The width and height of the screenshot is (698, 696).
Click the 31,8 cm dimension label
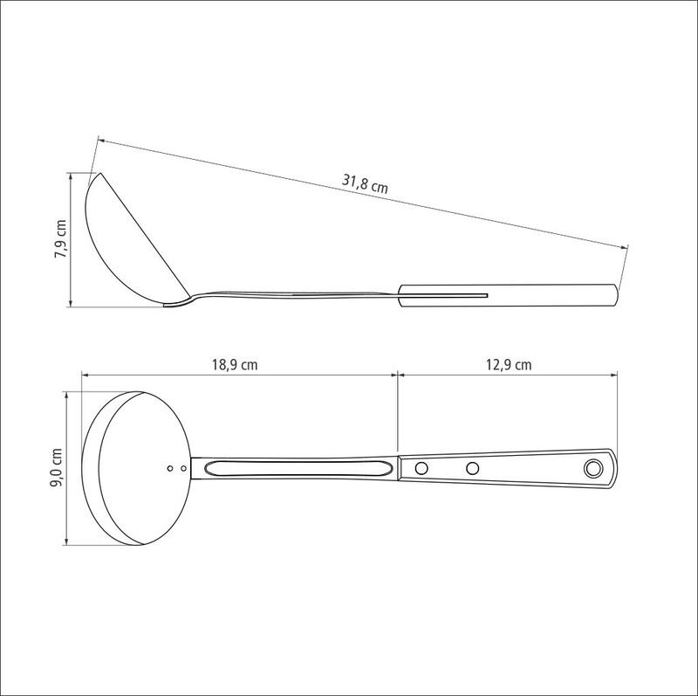coord(365,183)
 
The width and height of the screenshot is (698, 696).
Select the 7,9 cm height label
coord(60,238)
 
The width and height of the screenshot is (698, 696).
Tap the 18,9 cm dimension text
coord(235,365)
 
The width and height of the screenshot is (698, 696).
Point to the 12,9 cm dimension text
coord(509,365)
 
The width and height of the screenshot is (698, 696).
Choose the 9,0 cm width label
coord(57,468)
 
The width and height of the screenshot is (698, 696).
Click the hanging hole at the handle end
coord(593,468)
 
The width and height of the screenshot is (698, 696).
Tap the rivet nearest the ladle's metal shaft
coord(421,468)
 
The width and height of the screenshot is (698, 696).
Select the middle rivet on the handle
coord(472,468)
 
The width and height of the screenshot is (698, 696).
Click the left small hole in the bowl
coord(170,468)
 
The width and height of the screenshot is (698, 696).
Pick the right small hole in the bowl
coord(183,468)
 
